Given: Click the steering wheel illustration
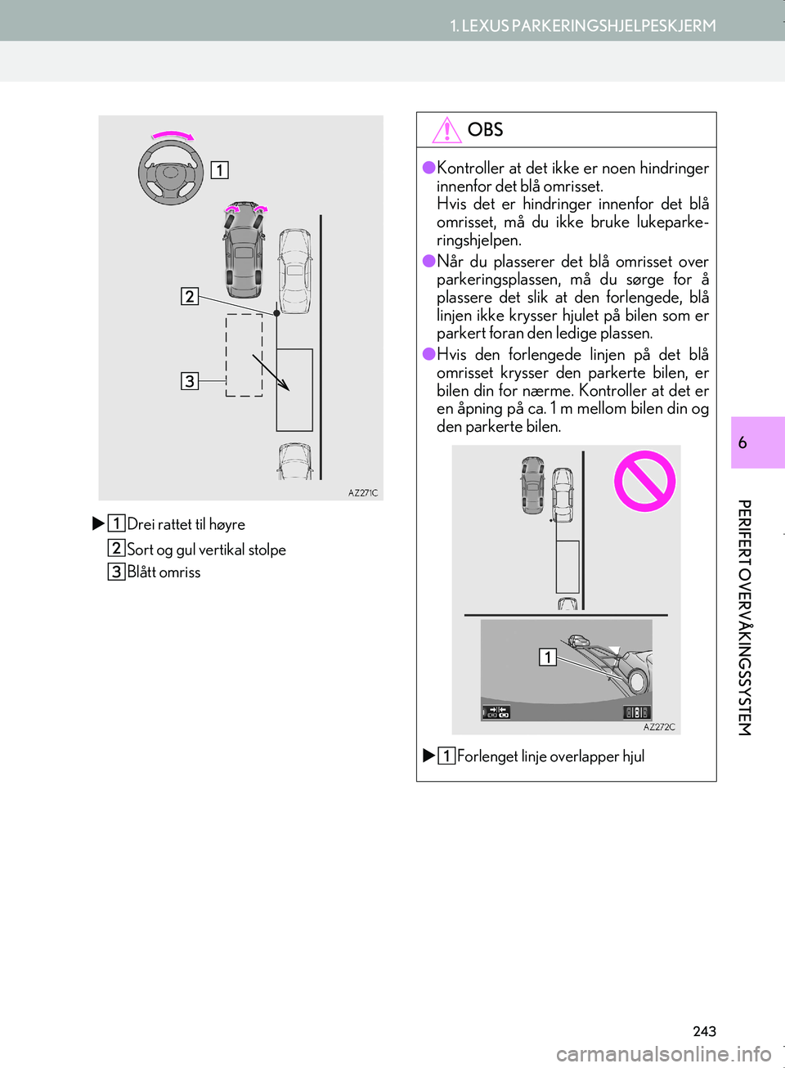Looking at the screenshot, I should point(171,173).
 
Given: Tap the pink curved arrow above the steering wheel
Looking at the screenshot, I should point(173,136).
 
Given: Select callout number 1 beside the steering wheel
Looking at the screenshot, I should point(220,170).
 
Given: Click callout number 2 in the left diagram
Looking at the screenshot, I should point(190,296).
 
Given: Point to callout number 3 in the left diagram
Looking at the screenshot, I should point(190,381).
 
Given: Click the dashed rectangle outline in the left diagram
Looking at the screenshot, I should point(244,355).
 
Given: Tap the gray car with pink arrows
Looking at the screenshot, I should point(244,250).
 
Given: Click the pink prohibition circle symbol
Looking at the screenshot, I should point(644,481).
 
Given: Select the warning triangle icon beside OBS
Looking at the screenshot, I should point(447,130).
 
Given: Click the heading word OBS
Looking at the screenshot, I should point(485,130).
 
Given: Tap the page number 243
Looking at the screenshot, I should point(704,1031).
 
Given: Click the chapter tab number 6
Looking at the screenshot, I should point(742,442).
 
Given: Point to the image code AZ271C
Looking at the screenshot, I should point(363,493).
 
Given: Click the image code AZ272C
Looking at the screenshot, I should point(659,727).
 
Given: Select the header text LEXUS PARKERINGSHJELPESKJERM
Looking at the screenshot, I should point(583,26).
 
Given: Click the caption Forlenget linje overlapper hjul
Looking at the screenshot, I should point(550,756).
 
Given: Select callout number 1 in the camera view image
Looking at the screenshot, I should point(548,657).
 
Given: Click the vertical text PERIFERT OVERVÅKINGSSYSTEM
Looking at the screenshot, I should point(744,617).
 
